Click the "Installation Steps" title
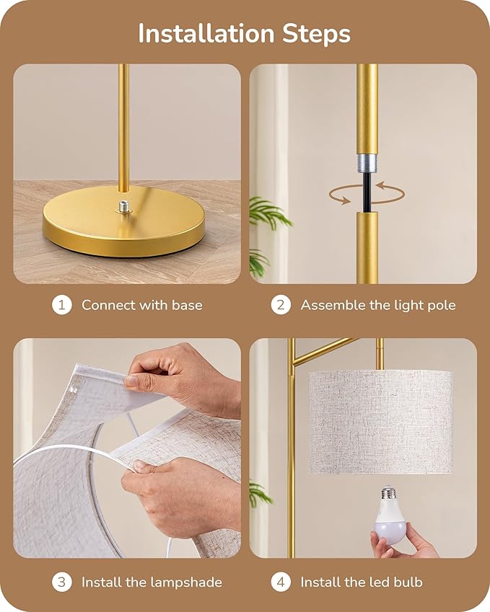point(244,33)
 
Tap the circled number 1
point(62,305)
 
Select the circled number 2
point(281,305)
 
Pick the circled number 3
point(62,582)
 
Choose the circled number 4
point(281,582)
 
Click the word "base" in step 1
point(187,305)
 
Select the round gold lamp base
point(124,227)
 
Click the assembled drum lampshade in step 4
point(380,421)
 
